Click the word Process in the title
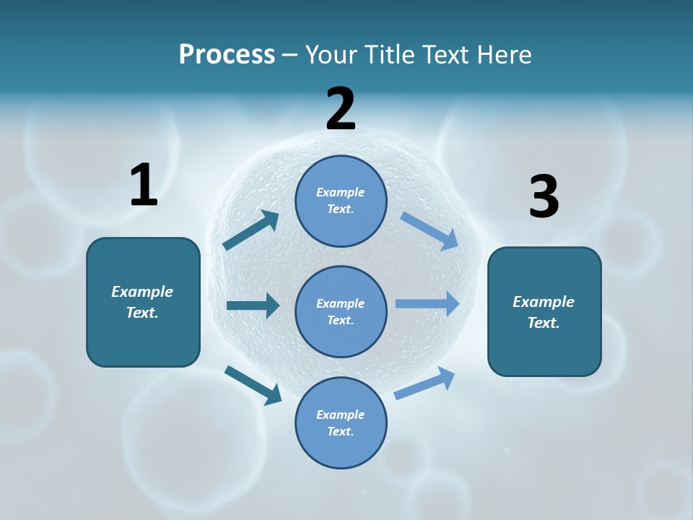point(227,55)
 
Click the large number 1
point(144,185)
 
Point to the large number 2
point(341,109)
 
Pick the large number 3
point(544,196)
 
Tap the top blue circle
point(341,201)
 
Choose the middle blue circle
point(341,311)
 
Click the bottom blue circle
point(341,422)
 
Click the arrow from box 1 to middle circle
point(253,305)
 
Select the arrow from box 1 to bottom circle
point(253,385)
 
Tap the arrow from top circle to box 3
point(430,231)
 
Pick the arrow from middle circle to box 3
point(427,304)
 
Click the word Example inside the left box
point(142,292)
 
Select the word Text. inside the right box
point(544,323)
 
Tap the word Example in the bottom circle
point(341,415)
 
